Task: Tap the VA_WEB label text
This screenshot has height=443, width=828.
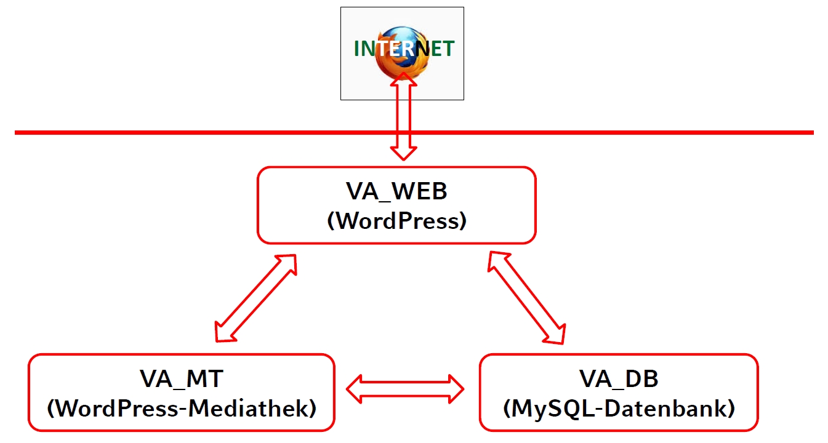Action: (x=396, y=191)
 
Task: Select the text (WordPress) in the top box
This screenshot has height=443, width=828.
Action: (x=396, y=220)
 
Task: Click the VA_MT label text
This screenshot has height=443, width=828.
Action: (x=181, y=379)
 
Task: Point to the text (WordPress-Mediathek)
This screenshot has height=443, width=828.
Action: (x=181, y=407)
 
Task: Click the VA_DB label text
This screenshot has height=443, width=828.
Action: (x=619, y=379)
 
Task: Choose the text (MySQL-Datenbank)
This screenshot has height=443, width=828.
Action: (x=619, y=407)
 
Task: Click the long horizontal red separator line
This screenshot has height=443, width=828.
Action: (x=185, y=132)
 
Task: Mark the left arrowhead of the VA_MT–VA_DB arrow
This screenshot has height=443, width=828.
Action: (x=356, y=388)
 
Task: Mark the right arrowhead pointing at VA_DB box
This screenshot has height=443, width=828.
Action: (x=456, y=388)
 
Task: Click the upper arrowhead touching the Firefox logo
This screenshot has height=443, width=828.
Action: (x=403, y=79)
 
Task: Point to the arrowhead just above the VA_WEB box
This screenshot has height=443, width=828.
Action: (x=403, y=153)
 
